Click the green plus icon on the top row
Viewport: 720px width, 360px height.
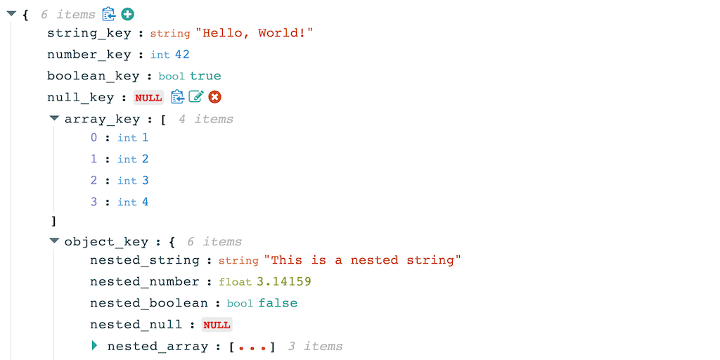tap(127, 14)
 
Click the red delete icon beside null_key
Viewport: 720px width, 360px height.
tap(214, 97)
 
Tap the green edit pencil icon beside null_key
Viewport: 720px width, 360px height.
tap(196, 97)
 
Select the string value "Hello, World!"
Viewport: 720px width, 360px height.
tap(255, 33)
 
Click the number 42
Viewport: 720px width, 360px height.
tap(182, 55)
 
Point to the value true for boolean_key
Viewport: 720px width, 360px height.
tap(205, 76)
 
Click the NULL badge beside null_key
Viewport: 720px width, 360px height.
tap(148, 97)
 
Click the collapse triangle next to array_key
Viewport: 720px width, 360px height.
tap(55, 118)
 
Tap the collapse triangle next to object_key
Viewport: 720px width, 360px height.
tap(55, 240)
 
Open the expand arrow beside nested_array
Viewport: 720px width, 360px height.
tap(95, 345)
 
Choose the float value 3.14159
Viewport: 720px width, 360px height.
tap(283, 281)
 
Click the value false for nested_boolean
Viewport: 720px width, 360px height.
tap(278, 303)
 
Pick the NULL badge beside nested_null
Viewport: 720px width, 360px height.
tap(217, 325)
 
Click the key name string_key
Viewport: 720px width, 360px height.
tap(89, 34)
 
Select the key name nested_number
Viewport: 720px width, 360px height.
tap(145, 282)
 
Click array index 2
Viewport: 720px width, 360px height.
tap(94, 181)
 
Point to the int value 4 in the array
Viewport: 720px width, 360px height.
tap(145, 202)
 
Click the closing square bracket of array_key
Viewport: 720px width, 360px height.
tap(53, 221)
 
